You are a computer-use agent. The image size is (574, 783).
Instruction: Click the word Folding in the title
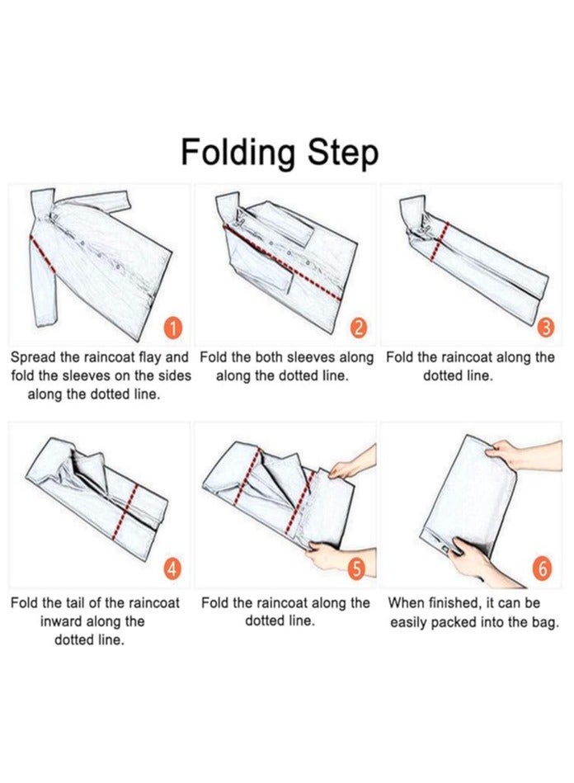point(238,153)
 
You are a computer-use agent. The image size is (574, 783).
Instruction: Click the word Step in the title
point(342,153)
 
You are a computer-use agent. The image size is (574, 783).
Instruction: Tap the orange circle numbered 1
point(172,328)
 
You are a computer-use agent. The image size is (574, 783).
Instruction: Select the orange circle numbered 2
point(359,328)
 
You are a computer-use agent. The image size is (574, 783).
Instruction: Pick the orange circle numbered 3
point(545,328)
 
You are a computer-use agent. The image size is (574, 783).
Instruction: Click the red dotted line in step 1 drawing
point(43,254)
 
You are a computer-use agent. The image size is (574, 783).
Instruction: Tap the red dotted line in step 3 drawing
point(440,241)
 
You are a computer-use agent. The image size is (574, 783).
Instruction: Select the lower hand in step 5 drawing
point(340,556)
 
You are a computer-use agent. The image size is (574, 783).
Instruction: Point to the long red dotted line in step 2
point(283,262)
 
